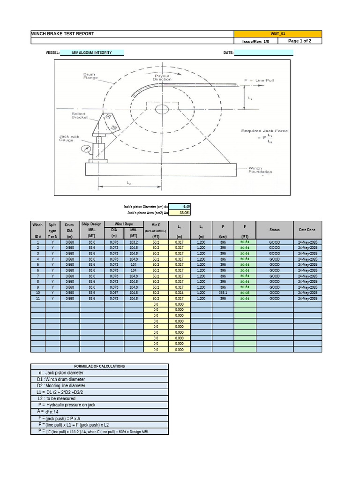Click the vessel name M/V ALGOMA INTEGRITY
point(92,53)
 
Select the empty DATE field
point(263,53)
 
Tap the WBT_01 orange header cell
point(278,34)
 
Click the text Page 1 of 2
point(300,41)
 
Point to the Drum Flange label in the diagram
point(90,76)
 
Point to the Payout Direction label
point(162,77)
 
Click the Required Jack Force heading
point(264,131)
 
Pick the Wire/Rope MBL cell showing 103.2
point(134,242)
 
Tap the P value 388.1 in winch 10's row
point(223,292)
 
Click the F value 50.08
point(245,292)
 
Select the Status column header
point(275,230)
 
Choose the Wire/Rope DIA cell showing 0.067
point(114,292)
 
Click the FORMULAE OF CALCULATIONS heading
point(99,366)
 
